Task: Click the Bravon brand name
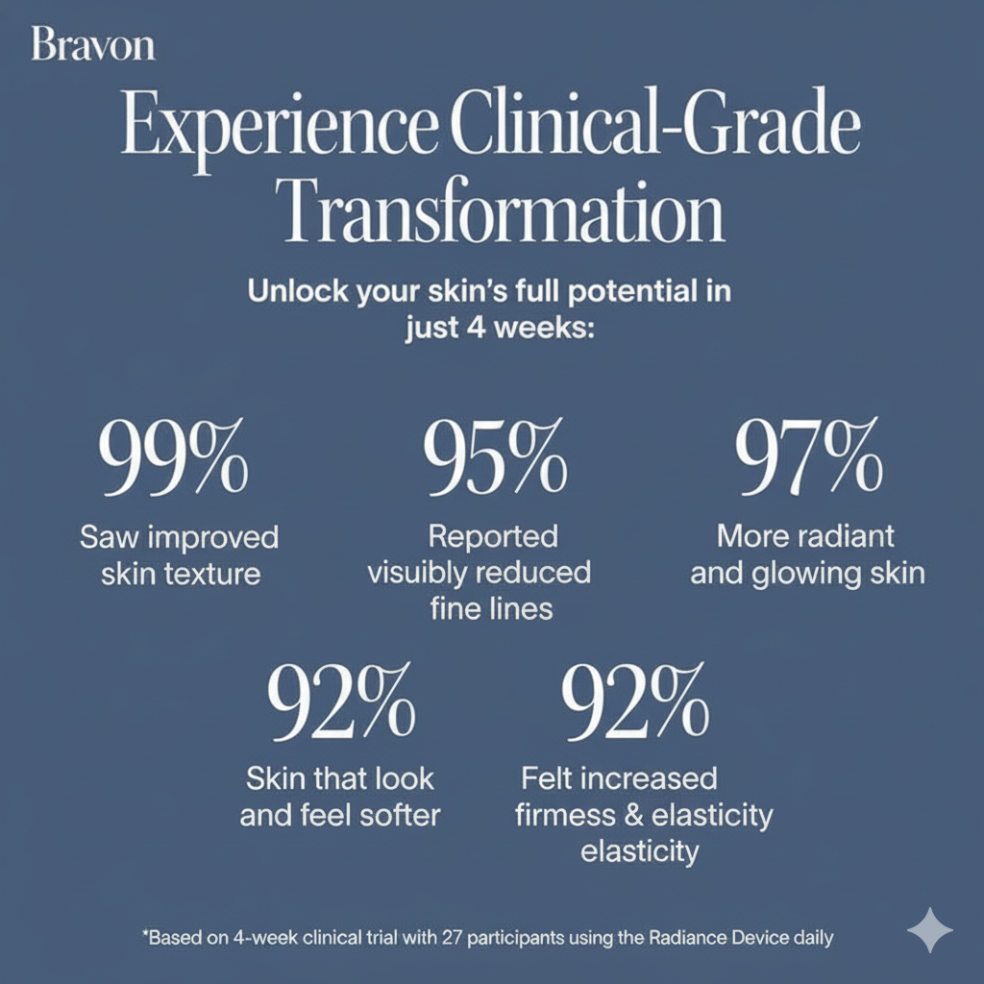93,45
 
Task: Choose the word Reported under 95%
493,535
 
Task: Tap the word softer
395,816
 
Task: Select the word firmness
560,816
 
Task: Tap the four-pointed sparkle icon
930,930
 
